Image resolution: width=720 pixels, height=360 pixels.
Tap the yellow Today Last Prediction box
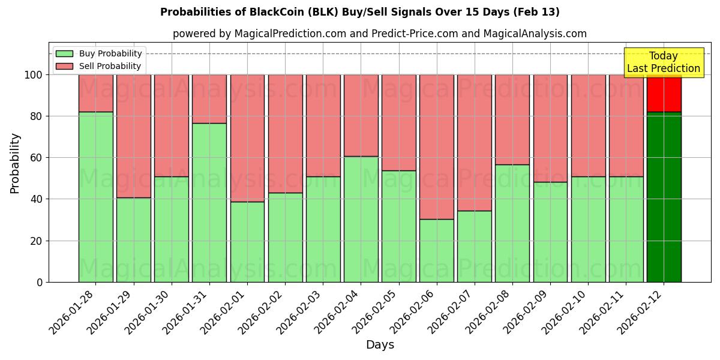[663, 62]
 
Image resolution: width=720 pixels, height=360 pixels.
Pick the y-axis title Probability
[15, 163]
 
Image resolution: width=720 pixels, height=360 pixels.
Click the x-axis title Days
[380, 345]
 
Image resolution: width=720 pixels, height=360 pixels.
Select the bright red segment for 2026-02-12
[664, 93]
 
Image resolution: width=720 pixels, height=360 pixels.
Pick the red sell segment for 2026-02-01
[247, 138]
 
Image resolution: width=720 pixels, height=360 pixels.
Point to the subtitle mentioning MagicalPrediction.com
[380, 34]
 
